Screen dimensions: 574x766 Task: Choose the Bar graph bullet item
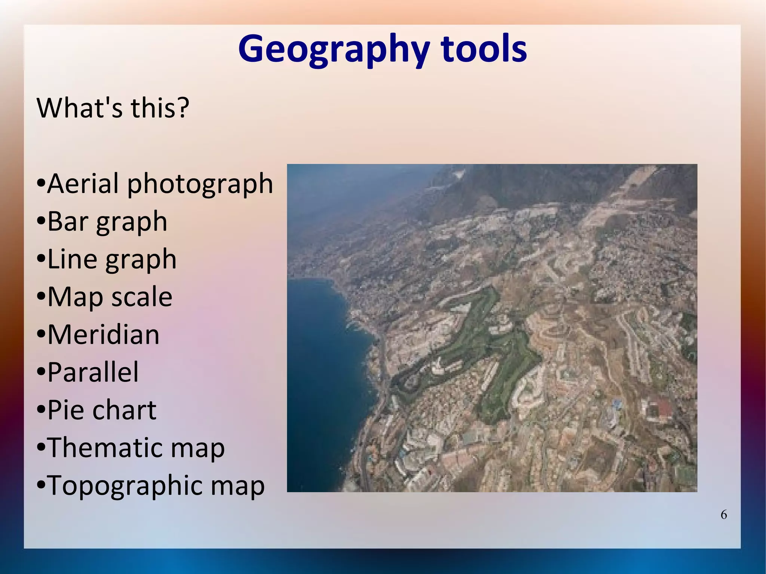tap(107, 222)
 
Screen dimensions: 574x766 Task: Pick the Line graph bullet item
tap(111, 259)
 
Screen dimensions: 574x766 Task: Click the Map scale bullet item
tap(110, 297)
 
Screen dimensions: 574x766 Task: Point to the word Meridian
tap(103, 334)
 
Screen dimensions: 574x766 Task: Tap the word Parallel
tap(93, 372)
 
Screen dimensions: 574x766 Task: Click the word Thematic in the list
tap(105, 448)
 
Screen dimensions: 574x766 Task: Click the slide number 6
tap(724, 515)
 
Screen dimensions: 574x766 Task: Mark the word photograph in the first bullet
tap(200, 184)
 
